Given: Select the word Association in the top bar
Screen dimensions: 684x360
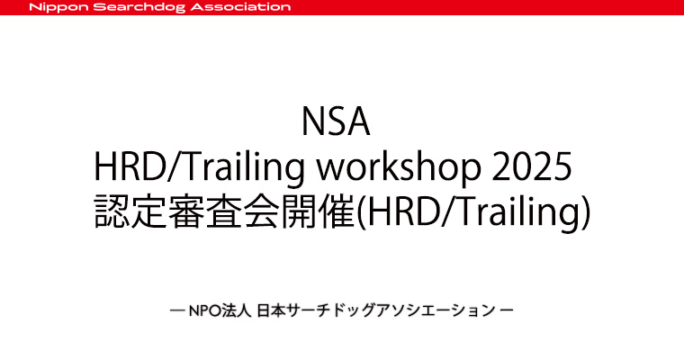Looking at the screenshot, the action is pyautogui.click(x=241, y=7).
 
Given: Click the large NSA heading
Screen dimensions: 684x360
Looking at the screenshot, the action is pyautogui.click(x=336, y=121).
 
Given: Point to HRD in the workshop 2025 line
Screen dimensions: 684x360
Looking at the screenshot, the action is pyautogui.click(x=128, y=166).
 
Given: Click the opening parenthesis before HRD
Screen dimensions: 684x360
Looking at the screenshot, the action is pyautogui.click(x=359, y=212).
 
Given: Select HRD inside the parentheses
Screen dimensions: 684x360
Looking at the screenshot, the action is pyautogui.click(x=399, y=211).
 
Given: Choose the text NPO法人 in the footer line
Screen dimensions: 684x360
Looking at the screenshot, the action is pyautogui.click(x=220, y=311).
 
